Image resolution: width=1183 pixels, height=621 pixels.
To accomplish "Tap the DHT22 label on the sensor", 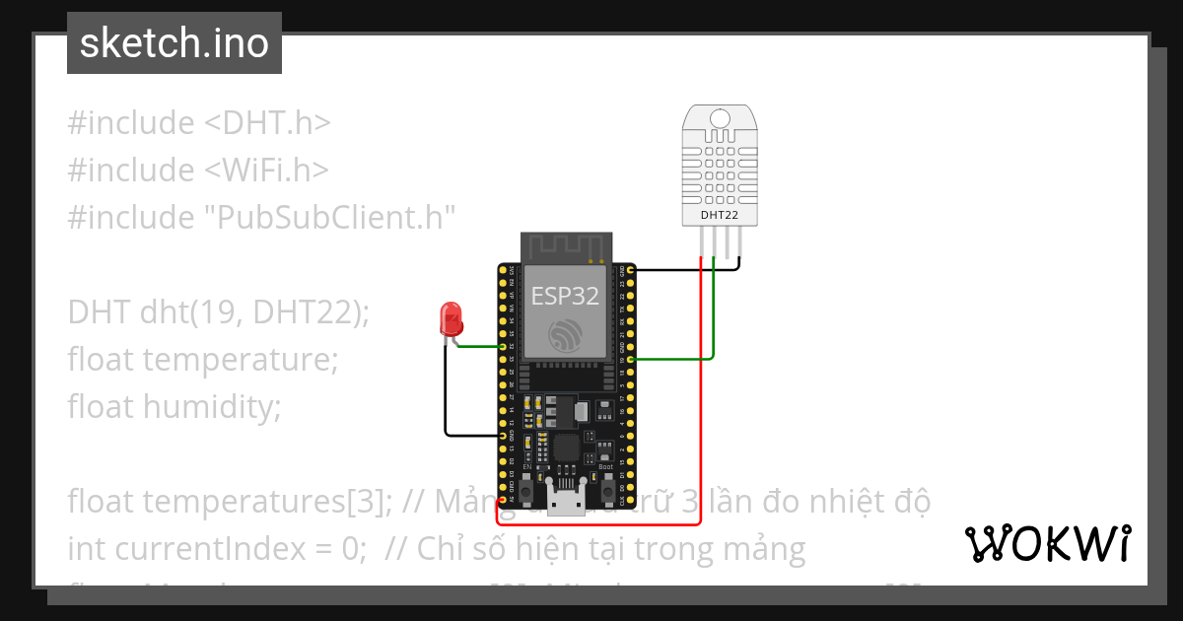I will click(720, 214).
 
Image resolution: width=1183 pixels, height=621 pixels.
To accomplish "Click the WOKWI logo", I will click(1047, 543).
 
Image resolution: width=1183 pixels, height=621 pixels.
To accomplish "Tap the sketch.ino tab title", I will click(174, 43).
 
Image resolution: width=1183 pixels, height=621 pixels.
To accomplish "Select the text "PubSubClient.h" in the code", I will click(325, 217).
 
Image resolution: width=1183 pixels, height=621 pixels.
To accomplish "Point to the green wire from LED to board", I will click(483, 346).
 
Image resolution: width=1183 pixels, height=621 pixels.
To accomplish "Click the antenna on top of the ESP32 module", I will click(566, 246).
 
